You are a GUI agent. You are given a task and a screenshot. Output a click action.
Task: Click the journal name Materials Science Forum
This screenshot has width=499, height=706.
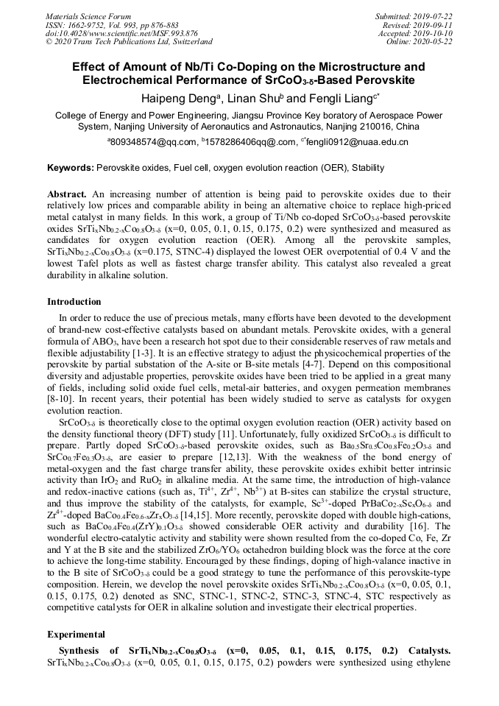click(x=88, y=16)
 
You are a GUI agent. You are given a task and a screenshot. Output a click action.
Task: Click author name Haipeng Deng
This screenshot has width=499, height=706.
click(x=174, y=99)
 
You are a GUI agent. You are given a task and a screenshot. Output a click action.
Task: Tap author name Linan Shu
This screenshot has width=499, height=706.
click(x=254, y=99)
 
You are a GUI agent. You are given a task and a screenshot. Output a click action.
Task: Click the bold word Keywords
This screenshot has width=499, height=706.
click(x=70, y=168)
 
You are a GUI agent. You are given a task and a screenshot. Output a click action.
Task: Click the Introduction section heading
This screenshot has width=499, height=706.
click(x=74, y=302)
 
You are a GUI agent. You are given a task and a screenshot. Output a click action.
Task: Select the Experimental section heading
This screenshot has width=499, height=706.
click(x=77, y=634)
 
